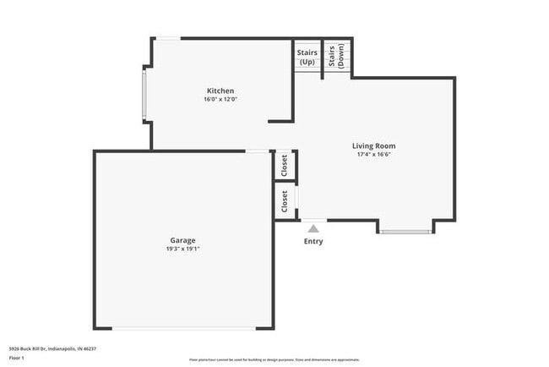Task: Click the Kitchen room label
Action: (220, 90)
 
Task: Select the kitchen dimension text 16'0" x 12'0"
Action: (220, 100)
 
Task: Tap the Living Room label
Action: (373, 145)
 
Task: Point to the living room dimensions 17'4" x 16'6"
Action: (373, 155)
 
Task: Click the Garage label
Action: (182, 239)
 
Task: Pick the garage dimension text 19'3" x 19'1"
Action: (182, 249)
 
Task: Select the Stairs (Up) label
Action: (307, 57)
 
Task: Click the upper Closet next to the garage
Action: (285, 165)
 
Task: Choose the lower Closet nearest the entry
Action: (285, 201)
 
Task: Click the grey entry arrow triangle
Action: (313, 227)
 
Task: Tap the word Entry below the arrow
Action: (313, 241)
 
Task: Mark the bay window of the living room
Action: (406, 230)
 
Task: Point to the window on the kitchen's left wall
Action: (144, 95)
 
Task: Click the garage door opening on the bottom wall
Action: (182, 328)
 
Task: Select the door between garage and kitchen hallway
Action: (257, 151)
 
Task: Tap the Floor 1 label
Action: (18, 357)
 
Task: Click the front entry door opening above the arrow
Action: (313, 221)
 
